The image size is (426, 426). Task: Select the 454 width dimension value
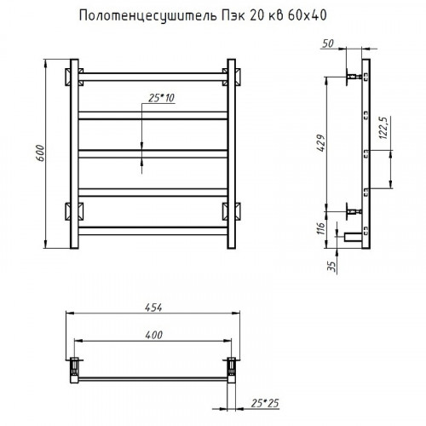pyautogui.click(x=153, y=309)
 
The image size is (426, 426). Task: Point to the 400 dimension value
pyautogui.click(x=153, y=336)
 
